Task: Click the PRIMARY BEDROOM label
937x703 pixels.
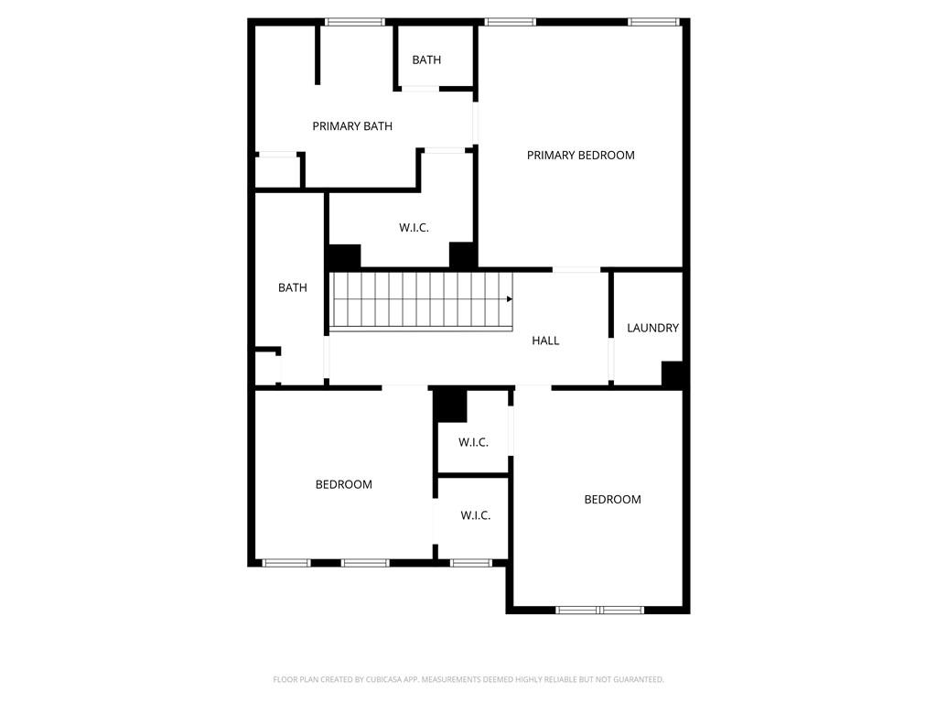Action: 580,156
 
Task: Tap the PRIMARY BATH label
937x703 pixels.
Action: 352,126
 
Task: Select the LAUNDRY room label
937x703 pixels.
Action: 652,328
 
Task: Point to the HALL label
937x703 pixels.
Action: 545,341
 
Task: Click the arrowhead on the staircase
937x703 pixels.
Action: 509,298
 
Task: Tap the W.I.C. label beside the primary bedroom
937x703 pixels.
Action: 414,228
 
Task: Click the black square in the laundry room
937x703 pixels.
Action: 673,374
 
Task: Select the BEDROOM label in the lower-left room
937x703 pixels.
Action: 343,484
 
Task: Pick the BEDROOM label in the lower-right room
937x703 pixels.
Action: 612,500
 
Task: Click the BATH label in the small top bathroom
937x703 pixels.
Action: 426,60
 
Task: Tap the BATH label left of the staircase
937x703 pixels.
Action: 293,288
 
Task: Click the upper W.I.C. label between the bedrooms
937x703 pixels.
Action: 473,443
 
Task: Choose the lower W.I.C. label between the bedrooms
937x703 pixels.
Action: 475,516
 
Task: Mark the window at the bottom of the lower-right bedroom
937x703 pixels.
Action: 599,610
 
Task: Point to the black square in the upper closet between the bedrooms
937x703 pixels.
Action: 450,404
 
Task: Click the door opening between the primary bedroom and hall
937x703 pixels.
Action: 576,269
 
